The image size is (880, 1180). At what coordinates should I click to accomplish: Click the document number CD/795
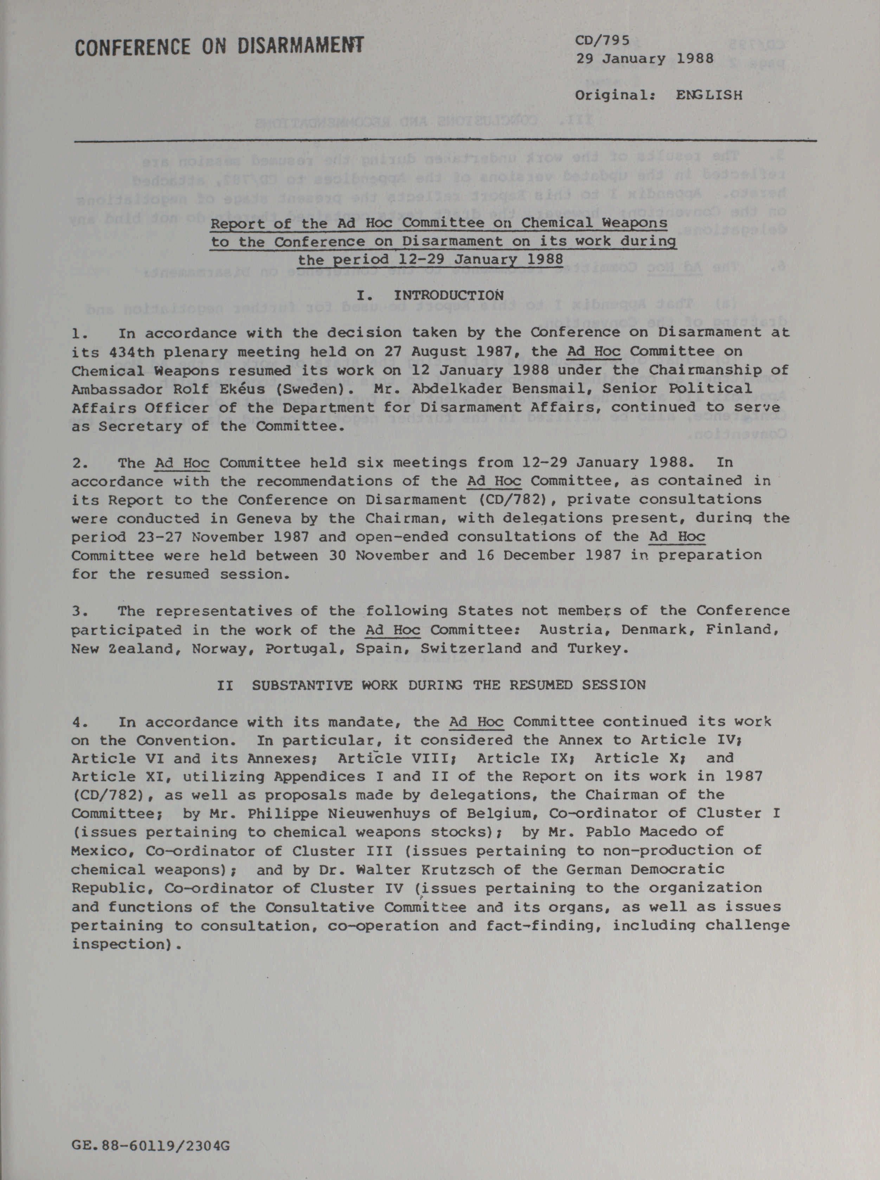point(603,40)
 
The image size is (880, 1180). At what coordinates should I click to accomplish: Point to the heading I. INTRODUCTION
point(430,295)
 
